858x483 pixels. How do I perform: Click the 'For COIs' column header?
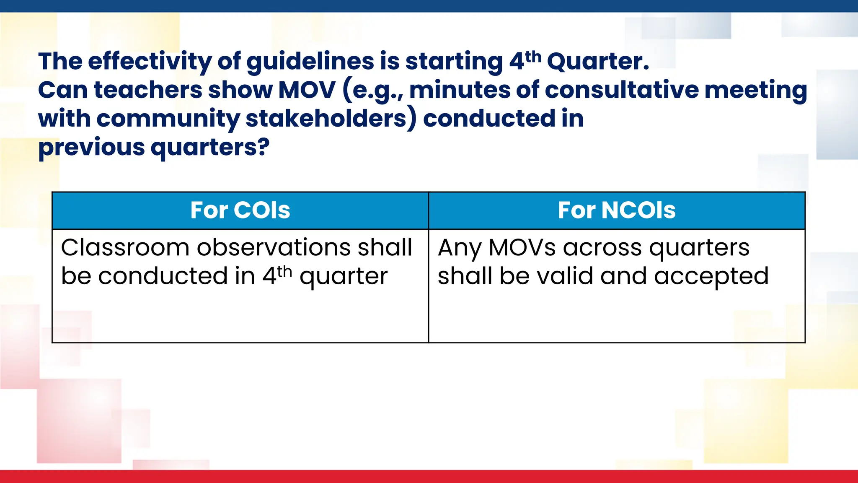point(240,210)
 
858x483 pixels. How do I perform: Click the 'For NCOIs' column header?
point(616,210)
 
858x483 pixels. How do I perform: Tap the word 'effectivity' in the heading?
point(149,61)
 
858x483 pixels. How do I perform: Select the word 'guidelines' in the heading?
point(310,61)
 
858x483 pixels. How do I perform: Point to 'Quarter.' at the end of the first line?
point(598,61)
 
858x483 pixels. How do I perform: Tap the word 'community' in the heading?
point(168,119)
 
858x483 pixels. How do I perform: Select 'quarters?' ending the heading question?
point(209,148)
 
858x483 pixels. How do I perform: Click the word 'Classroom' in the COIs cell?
point(125,247)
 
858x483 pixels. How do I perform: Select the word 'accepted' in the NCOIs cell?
point(711,277)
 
